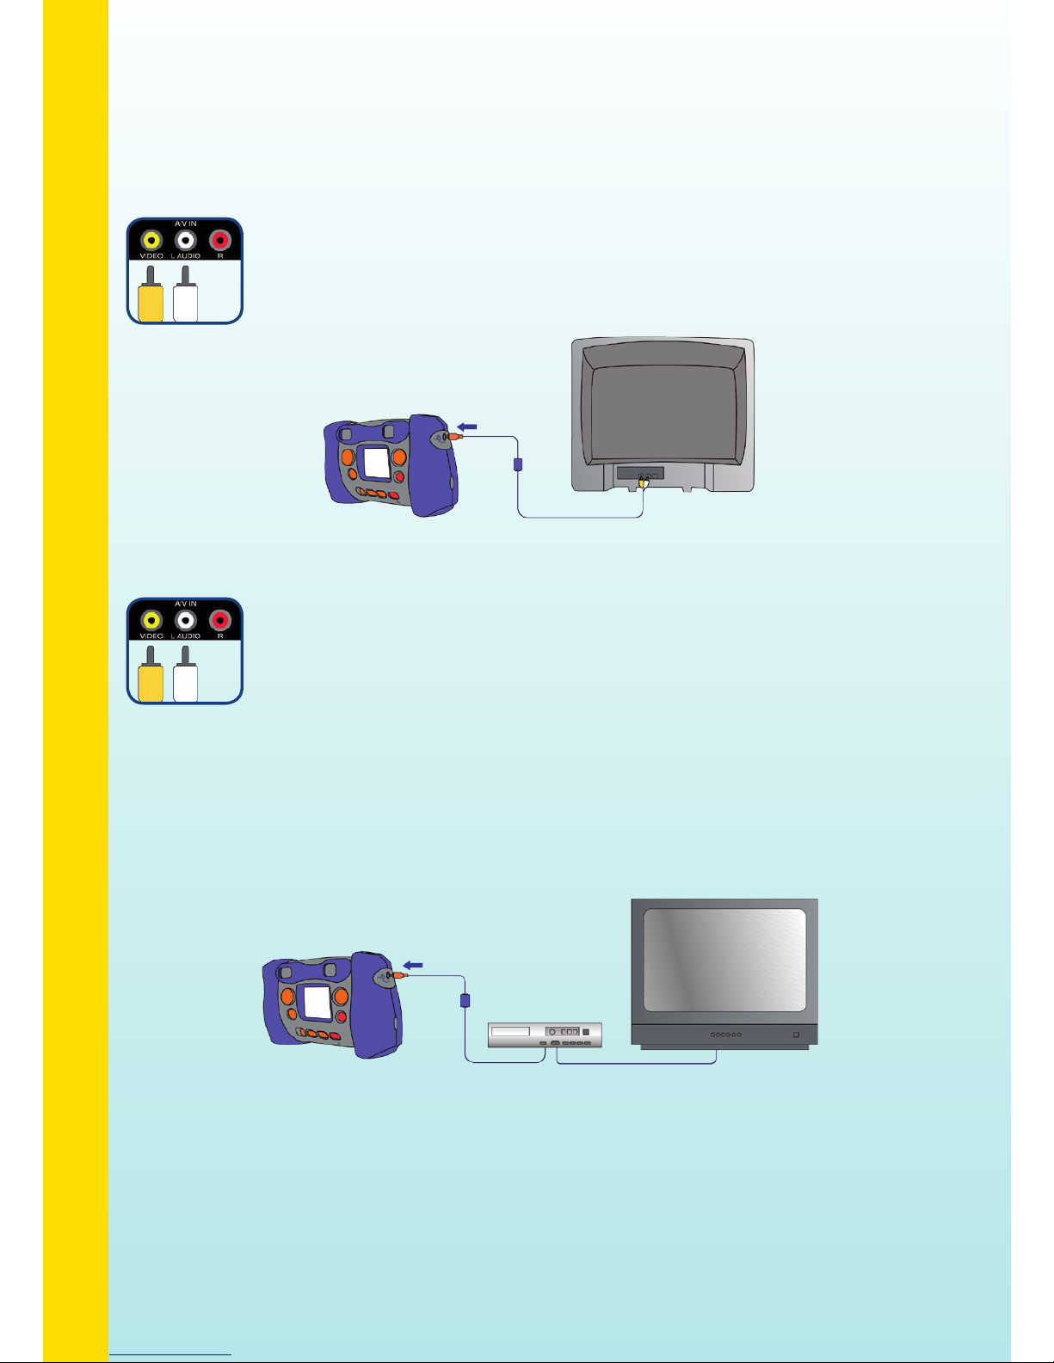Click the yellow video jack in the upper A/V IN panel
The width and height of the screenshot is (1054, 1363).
pos(151,240)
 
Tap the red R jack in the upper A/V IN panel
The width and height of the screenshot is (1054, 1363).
pos(220,240)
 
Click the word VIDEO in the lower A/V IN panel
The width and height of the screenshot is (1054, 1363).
pos(151,635)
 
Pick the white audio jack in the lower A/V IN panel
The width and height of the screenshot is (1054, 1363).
pos(186,620)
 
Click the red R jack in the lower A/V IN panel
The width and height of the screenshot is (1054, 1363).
pos(220,620)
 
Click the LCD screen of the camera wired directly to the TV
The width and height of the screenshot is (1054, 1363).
pos(377,463)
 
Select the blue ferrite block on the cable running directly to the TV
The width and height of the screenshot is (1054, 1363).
pos(518,464)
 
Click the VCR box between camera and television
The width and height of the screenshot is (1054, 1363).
pos(545,1035)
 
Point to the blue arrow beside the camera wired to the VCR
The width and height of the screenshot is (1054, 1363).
pos(413,965)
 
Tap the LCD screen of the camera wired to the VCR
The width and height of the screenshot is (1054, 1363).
pos(317,1003)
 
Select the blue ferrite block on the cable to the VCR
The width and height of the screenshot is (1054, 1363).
pos(465,1000)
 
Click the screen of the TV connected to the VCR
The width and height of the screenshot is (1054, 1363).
pos(725,960)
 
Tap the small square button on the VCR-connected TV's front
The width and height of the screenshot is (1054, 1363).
pos(796,1034)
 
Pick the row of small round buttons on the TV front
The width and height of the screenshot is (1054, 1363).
pos(725,1035)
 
